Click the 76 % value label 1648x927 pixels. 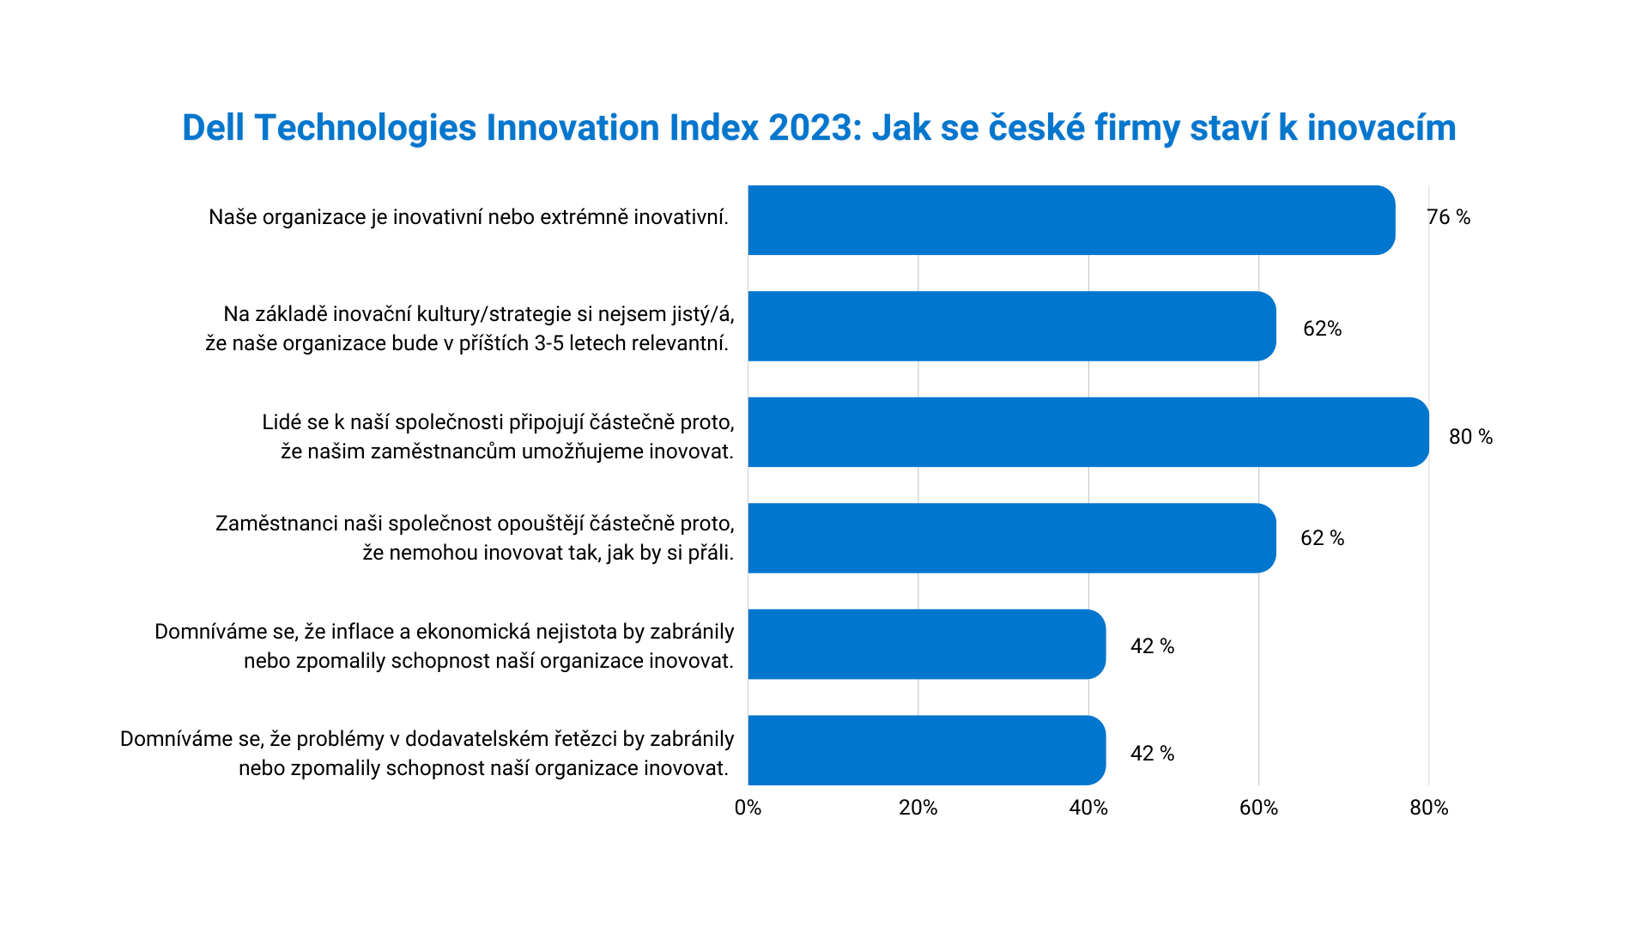pos(1448,218)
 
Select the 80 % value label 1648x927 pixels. pos(1470,438)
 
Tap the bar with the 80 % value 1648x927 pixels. pos(1088,432)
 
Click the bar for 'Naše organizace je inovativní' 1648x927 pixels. pos(1070,220)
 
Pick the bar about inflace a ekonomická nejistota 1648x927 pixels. pos(926,644)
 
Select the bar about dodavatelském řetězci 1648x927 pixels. pos(926,750)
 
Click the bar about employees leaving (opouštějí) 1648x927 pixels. pos(1011,538)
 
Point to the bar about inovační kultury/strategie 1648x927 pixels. pos(1011,326)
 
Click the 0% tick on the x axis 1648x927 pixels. pos(748,809)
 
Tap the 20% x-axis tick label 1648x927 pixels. pos(918,809)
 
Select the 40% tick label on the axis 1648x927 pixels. pos(1088,809)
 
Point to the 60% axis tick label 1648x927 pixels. pos(1258,809)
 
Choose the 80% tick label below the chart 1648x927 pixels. pos(1428,809)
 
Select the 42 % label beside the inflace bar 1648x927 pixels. pos(1152,646)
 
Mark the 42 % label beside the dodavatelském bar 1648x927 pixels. pos(1152,754)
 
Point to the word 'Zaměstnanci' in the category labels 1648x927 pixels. pos(276,524)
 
